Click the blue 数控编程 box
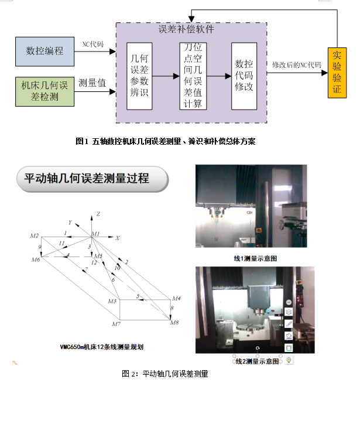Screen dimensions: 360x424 [44, 51]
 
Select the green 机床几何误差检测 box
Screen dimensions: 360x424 [44, 91]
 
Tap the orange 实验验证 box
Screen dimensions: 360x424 [337, 73]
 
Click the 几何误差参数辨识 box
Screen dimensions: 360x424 [139, 76]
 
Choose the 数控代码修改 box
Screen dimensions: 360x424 [244, 76]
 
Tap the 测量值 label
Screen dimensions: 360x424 [92, 83]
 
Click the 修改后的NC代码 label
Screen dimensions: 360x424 [297, 66]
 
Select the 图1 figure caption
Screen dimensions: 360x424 [166, 141]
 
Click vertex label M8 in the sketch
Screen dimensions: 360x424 [174, 323]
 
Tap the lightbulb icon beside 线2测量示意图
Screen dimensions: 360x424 [289, 360]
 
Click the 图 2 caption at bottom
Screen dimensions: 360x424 [165, 374]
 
